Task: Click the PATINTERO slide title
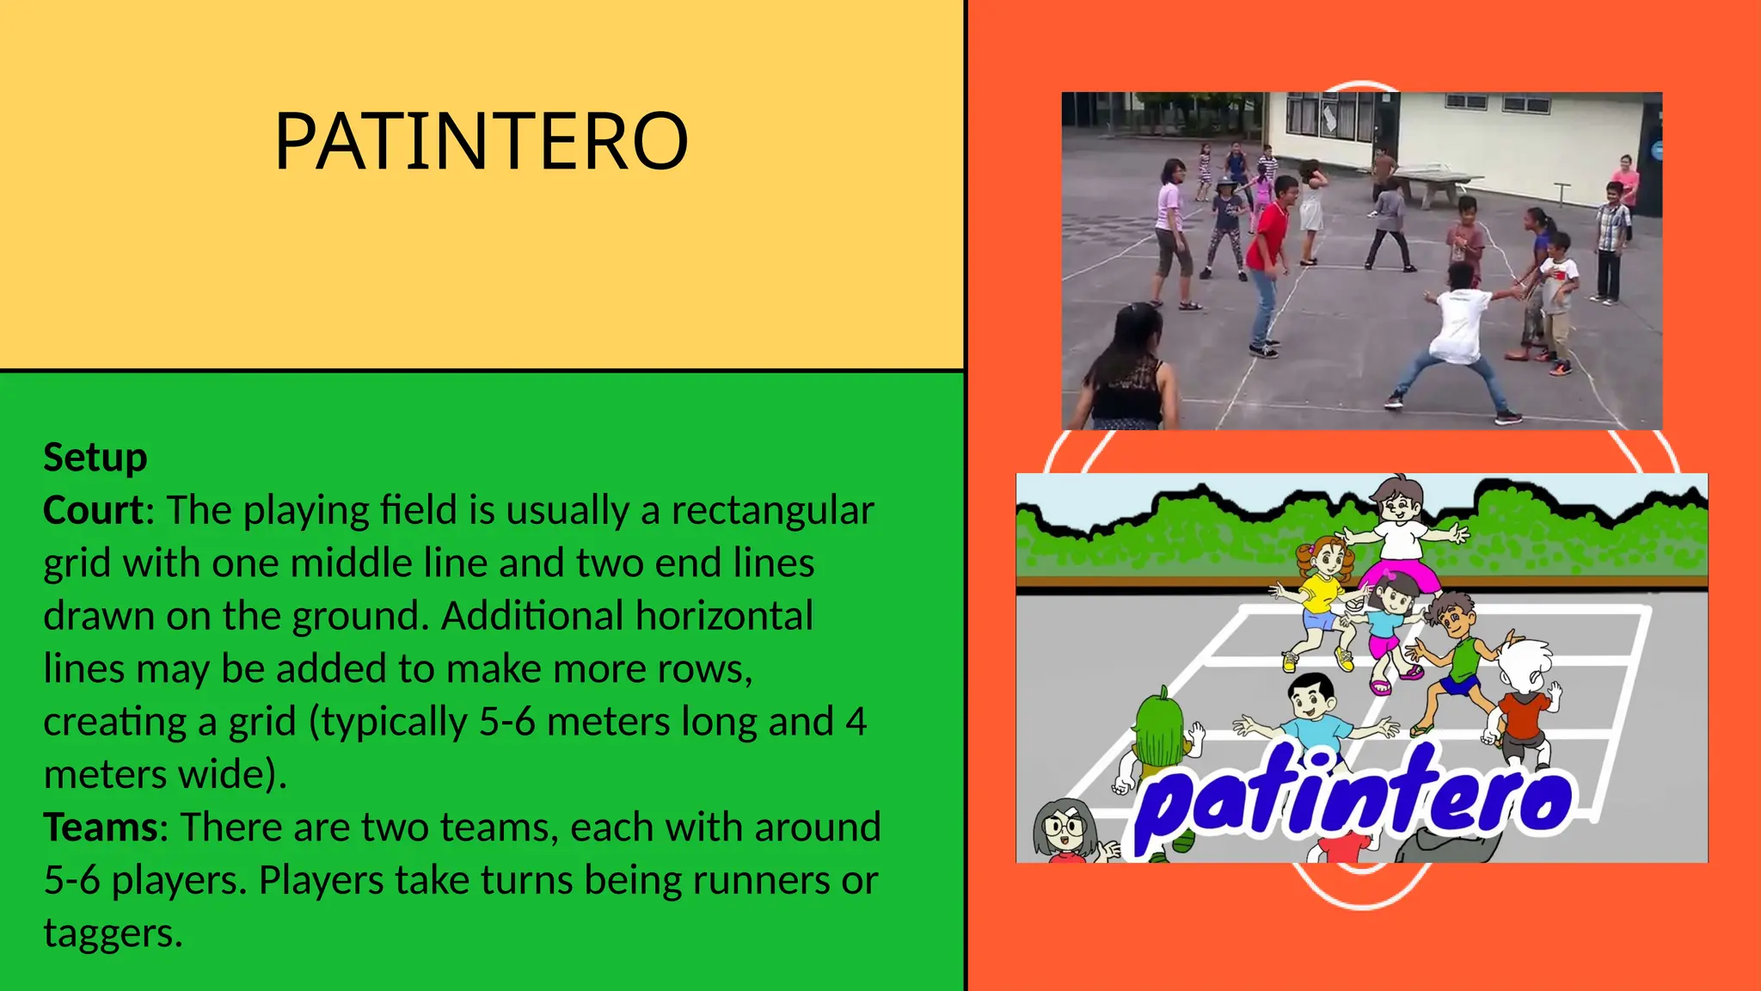click(x=482, y=141)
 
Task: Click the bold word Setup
click(x=95, y=458)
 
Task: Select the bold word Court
click(x=93, y=510)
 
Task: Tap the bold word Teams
click(x=101, y=828)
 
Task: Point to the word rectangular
click(x=772, y=510)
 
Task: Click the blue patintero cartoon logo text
click(x=1354, y=796)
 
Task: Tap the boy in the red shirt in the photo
click(x=1267, y=258)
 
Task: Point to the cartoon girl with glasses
click(x=1065, y=829)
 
